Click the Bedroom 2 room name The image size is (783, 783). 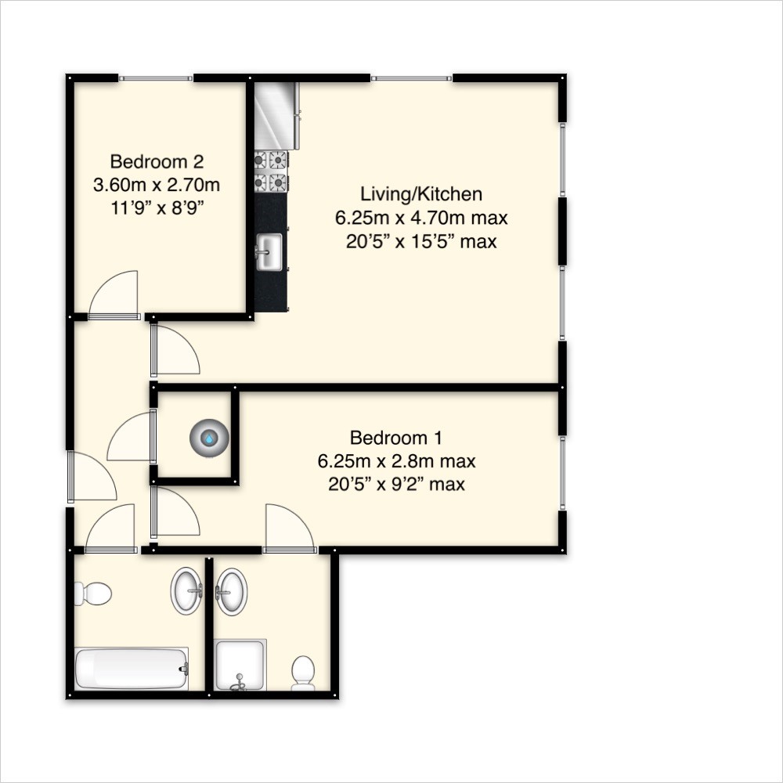(x=157, y=162)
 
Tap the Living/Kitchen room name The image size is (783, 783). (x=420, y=193)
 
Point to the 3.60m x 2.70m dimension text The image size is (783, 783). (x=157, y=186)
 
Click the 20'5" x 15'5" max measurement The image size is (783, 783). (x=420, y=241)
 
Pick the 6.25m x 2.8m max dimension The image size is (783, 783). (x=396, y=460)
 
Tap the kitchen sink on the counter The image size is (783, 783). (x=269, y=252)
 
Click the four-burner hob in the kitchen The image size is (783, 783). (x=271, y=171)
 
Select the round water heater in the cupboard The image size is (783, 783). (x=209, y=437)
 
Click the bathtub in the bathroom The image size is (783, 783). (x=132, y=669)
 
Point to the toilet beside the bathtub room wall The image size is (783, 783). (x=93, y=594)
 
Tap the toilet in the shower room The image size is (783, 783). (x=303, y=673)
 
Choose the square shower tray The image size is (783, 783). (x=240, y=665)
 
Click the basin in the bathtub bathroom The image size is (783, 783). (x=186, y=592)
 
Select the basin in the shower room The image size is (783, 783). (x=231, y=591)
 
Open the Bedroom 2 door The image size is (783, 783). (x=114, y=296)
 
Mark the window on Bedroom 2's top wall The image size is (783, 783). (x=155, y=78)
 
